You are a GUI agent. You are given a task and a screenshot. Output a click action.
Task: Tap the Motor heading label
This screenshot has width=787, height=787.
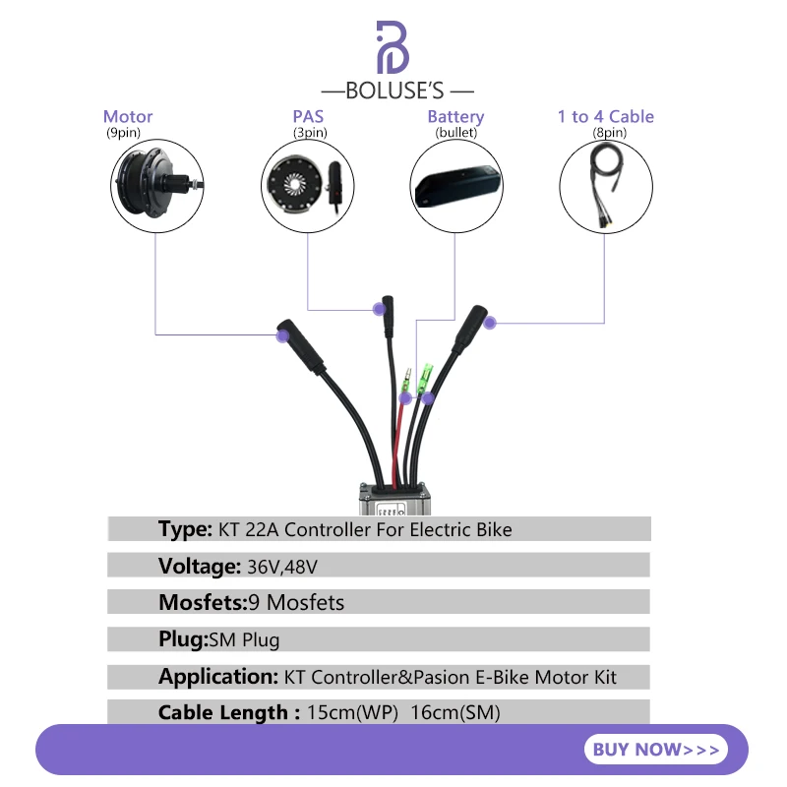pos(128,117)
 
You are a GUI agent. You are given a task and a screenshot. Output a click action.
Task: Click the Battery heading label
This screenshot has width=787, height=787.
pos(455,117)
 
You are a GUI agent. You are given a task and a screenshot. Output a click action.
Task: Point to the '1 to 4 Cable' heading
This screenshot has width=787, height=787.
pos(605,117)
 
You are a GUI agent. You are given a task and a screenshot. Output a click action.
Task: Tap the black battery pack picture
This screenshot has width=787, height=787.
pos(455,185)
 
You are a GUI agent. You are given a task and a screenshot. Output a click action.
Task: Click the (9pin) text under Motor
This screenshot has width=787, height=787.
pos(124,132)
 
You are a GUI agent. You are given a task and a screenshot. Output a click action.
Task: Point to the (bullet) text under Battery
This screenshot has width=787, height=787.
pos(455,132)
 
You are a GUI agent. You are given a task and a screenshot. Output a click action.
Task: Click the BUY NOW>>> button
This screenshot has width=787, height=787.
pos(654,750)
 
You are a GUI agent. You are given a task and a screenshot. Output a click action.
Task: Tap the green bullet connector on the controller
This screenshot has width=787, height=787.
pos(427,376)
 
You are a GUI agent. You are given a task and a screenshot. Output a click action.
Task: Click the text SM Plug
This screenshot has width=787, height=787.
pos(245,639)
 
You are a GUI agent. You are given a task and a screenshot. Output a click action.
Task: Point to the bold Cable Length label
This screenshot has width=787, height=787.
pos(228,712)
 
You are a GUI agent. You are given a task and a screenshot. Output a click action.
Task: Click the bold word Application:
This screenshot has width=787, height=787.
pos(218,677)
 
